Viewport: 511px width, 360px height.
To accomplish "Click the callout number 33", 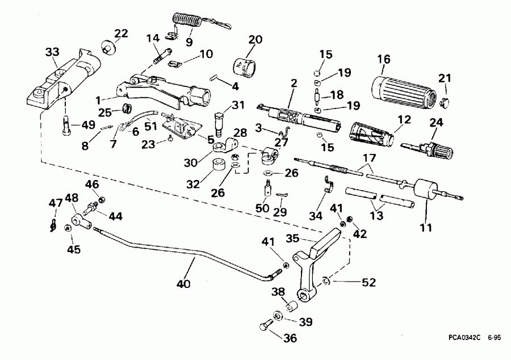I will (52, 53).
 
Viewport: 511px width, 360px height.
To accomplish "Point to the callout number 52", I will (369, 281).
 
